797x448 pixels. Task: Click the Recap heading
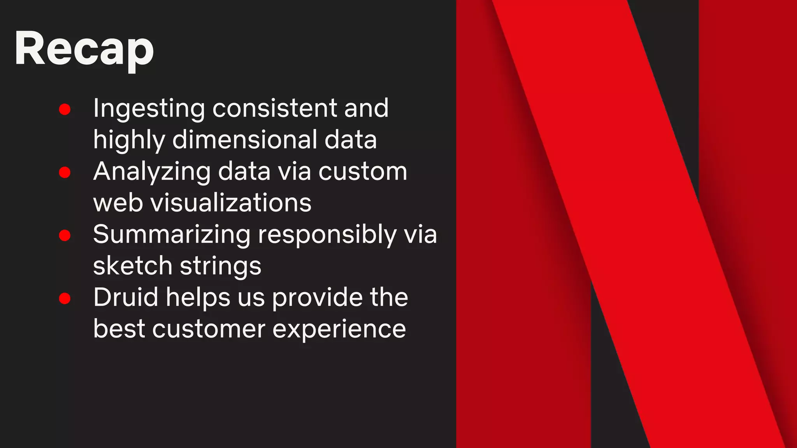(x=84, y=49)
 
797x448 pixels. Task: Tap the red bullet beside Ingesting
(x=65, y=109)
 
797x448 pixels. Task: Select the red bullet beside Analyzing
(x=65, y=172)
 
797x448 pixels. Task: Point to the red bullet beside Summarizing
(x=65, y=235)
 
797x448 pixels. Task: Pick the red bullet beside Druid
(x=65, y=298)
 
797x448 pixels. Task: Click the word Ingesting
(x=149, y=109)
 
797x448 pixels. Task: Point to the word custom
(x=363, y=171)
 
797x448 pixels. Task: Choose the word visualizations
(x=231, y=203)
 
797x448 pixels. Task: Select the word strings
(x=221, y=267)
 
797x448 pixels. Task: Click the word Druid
(x=126, y=297)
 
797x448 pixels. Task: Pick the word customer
(x=209, y=329)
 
